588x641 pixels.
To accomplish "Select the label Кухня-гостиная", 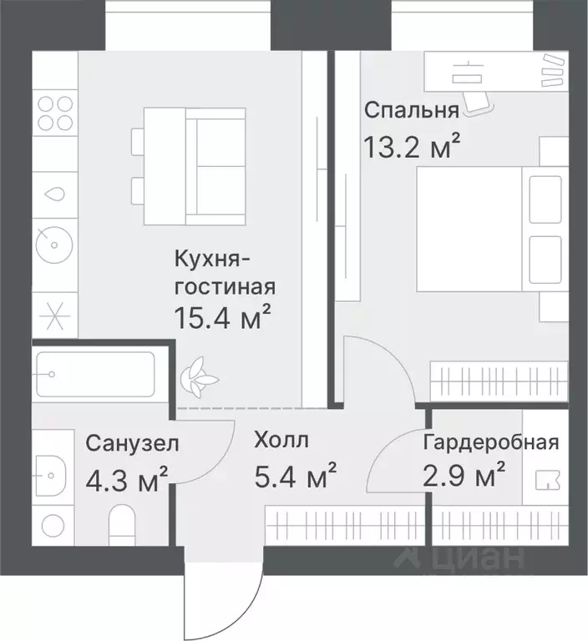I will click(x=224, y=274).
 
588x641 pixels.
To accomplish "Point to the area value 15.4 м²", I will click(x=223, y=317).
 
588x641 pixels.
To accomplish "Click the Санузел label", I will click(x=131, y=443).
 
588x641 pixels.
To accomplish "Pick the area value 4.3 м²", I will click(x=127, y=479).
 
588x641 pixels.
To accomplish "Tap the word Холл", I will click(x=281, y=440).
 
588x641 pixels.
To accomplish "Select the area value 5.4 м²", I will click(x=296, y=477).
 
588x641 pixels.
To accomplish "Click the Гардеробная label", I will click(x=490, y=442).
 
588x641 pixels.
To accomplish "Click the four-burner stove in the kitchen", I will click(x=55, y=114).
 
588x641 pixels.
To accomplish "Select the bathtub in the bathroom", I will click(x=94, y=375).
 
